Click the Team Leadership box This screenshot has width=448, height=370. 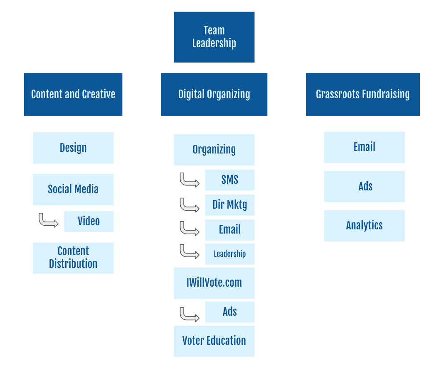(214, 37)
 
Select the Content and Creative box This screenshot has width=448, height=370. (73, 95)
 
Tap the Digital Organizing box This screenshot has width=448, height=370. (214, 95)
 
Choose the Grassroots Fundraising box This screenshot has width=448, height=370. (363, 95)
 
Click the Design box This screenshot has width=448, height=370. (73, 148)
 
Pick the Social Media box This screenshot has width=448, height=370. (73, 189)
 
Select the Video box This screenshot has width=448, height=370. (89, 221)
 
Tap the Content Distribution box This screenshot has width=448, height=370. (73, 258)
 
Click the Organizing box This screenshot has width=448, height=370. (214, 149)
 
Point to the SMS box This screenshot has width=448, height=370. (229, 180)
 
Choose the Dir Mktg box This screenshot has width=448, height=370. (229, 204)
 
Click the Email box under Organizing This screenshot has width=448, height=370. (229, 229)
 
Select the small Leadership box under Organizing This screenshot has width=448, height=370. (229, 254)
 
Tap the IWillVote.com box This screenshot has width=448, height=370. (214, 283)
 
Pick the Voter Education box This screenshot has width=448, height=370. (214, 341)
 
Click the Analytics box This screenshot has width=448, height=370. (364, 226)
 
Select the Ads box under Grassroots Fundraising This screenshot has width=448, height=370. (364, 186)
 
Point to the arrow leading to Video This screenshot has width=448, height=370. (48, 220)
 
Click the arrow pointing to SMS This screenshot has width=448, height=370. (189, 180)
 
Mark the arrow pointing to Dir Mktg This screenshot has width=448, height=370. (189, 205)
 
